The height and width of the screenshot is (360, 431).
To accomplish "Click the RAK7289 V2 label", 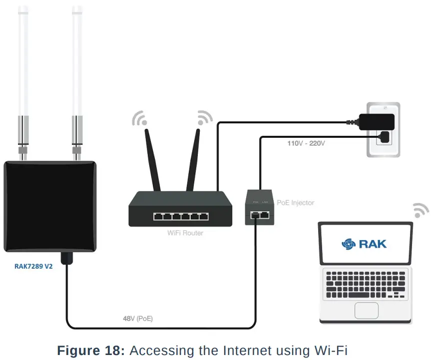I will (33, 266).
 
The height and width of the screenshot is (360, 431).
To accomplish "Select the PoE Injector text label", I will (296, 202).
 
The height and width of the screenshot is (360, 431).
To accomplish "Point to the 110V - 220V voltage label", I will (306, 143).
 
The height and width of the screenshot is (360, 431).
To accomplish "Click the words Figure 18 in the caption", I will (90, 350).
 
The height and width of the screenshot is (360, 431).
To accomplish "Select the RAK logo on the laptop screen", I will (364, 244).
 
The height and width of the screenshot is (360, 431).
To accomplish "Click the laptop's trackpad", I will (366, 310).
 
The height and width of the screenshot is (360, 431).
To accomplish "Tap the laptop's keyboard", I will (366, 285).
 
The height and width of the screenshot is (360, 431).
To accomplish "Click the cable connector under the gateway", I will (66, 259).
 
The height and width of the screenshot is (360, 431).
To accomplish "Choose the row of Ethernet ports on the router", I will (180, 217).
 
